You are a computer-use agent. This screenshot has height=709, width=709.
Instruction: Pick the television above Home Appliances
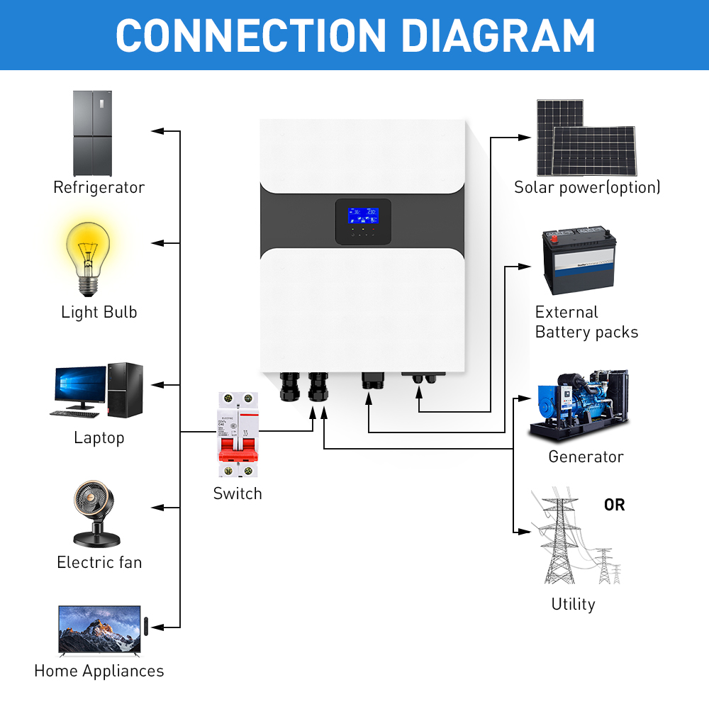click(99, 630)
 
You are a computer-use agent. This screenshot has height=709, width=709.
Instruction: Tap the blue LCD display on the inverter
click(362, 215)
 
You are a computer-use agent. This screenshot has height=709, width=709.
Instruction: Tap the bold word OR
click(614, 505)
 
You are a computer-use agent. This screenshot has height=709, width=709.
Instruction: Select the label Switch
click(238, 493)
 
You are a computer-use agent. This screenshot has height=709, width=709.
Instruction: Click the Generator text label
click(586, 457)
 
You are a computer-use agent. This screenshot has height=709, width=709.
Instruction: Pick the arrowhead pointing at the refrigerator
click(157, 131)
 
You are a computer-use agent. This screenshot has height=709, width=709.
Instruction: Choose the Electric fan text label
click(99, 562)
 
